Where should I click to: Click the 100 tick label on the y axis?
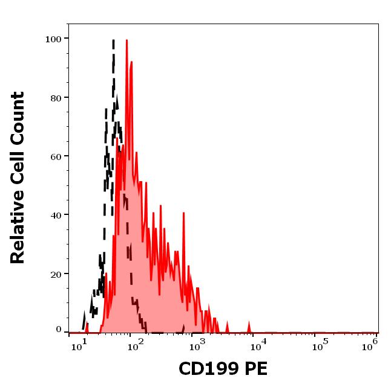coord(54,39)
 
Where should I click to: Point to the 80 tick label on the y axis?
coord(56,98)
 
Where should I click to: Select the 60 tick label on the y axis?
coord(56,156)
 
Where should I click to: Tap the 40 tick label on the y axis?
coord(56,215)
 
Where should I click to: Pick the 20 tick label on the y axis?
coord(56,274)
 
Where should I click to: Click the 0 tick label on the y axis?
coord(59,330)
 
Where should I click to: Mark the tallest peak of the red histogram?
coord(126,40)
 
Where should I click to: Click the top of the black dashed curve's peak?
coord(113,40)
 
